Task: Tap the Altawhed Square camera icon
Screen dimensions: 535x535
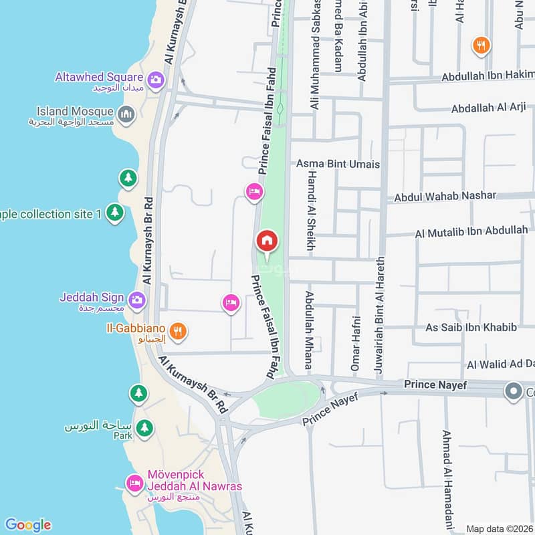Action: (156, 80)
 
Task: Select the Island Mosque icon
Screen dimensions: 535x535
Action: (125, 115)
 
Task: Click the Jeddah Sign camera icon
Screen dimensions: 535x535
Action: (137, 299)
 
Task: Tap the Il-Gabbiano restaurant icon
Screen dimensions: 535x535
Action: (177, 330)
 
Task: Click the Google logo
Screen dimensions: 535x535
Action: (27, 525)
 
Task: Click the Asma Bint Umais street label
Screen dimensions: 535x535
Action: (338, 164)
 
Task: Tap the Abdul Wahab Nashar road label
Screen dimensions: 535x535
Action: (445, 196)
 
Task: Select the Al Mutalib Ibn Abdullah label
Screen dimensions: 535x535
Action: (471, 232)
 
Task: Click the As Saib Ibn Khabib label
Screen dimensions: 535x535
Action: (471, 327)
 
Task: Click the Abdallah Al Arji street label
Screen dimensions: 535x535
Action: (488, 108)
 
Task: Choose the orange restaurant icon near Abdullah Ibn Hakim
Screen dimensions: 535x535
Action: (479, 45)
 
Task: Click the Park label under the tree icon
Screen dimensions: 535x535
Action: (123, 435)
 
